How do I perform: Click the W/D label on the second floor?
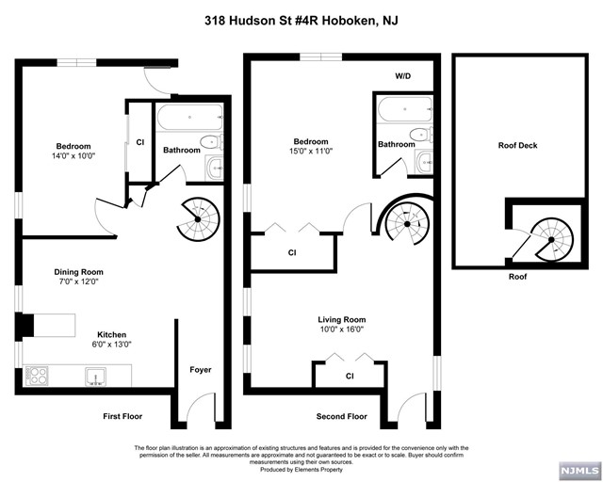pos(402,76)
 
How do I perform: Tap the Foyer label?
pos(201,370)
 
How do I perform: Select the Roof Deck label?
pos(517,145)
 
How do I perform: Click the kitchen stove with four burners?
pos(37,376)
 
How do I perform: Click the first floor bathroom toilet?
pos(212,142)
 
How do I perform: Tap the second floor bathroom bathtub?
pos(405,109)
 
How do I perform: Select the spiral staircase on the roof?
pos(551,239)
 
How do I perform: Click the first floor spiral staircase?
pos(198,219)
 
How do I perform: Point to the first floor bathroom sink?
pos(215,168)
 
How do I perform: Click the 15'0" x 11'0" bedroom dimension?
pos(311,152)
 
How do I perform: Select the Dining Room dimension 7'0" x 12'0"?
pos(78,281)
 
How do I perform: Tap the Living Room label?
pos(341,319)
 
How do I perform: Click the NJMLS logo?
pos(580,470)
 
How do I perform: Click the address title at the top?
pos(301,21)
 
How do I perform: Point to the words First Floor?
pos(122,416)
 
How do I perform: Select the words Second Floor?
pos(341,416)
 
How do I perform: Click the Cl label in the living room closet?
pos(350,376)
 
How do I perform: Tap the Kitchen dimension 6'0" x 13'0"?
pos(111,345)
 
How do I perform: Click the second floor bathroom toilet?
pos(421,135)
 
